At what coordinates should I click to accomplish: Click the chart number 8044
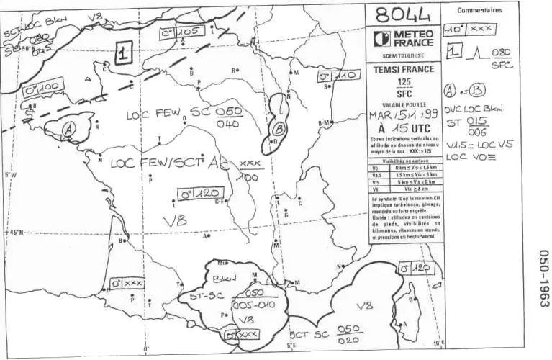click(404, 14)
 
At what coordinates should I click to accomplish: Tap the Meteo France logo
click(404, 37)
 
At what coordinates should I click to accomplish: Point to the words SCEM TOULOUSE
click(404, 55)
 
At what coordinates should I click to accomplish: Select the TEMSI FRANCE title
click(404, 69)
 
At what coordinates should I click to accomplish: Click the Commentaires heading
click(480, 10)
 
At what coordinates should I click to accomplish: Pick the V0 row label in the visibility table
click(376, 167)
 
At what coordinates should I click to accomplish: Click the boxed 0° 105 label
click(178, 32)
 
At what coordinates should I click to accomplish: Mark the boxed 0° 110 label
click(338, 75)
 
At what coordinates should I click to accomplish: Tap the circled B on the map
click(277, 129)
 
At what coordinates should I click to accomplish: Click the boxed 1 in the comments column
click(453, 51)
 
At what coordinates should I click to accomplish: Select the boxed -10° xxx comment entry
click(469, 29)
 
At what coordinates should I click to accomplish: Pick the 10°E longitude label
click(437, 343)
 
